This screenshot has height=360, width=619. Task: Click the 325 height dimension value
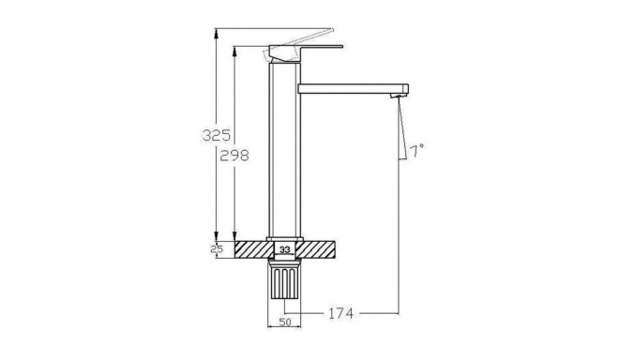217,135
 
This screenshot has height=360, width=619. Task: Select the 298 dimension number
234,156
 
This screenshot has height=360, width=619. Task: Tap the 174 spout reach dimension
341,313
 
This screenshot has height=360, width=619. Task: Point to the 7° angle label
416,151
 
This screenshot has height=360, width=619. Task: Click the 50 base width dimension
284,322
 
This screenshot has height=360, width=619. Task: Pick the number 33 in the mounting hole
284,249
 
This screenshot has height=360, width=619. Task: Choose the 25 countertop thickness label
217,249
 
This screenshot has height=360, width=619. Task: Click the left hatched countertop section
254,249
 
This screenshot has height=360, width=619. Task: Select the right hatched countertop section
315,249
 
